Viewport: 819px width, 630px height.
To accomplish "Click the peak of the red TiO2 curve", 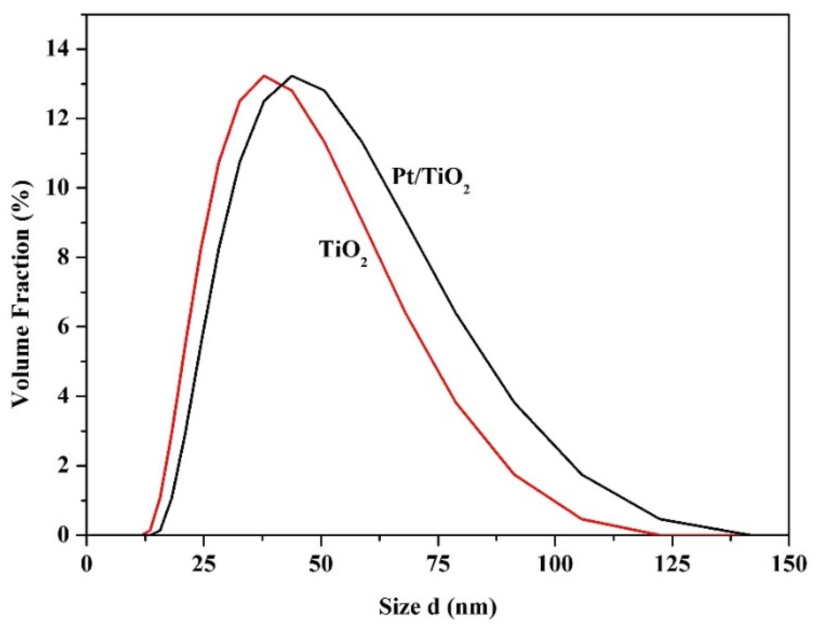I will pos(264,76).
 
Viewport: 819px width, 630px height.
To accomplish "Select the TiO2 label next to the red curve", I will pos(343,250).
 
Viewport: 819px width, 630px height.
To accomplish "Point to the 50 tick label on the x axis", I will pos(321,564).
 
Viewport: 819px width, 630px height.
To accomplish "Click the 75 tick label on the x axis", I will pos(438,564).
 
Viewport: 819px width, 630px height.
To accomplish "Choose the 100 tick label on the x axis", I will pos(555,564).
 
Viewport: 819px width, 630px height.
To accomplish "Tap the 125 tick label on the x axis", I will pos(672,564).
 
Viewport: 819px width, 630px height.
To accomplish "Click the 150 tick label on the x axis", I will pos(789,564).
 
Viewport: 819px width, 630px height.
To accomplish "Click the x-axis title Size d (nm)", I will pos(437,606).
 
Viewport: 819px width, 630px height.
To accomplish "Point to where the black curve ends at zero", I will pos(749,535).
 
